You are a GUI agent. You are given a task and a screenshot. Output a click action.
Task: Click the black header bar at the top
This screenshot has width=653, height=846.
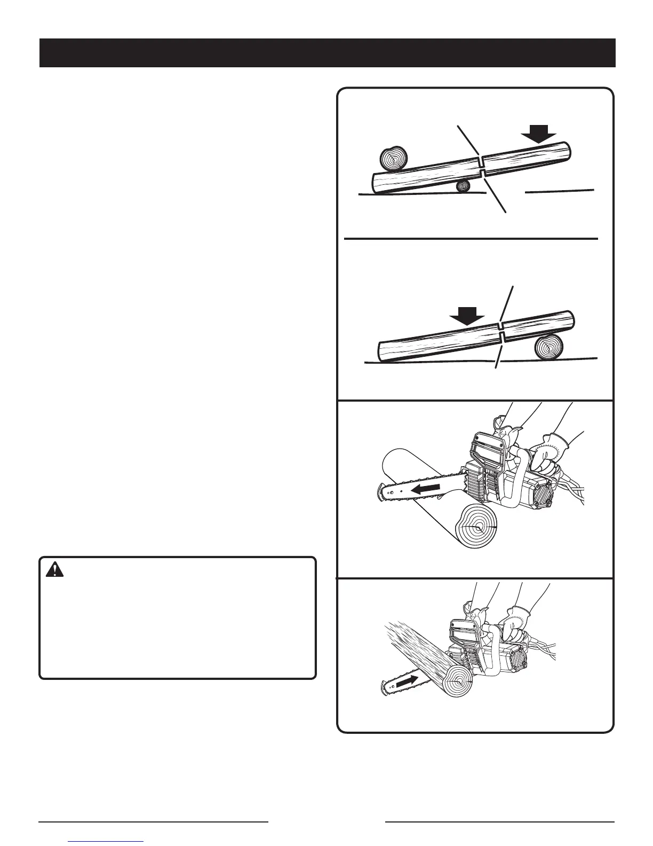point(328,53)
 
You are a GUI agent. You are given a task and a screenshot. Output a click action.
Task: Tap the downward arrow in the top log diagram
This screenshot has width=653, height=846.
point(538,133)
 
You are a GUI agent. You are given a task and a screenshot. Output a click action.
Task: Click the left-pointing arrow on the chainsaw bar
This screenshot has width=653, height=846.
point(424,488)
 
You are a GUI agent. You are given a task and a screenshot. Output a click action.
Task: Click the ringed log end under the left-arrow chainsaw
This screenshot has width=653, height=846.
point(476,527)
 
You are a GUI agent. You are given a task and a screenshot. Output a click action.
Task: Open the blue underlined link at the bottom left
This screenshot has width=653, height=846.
point(106,842)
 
